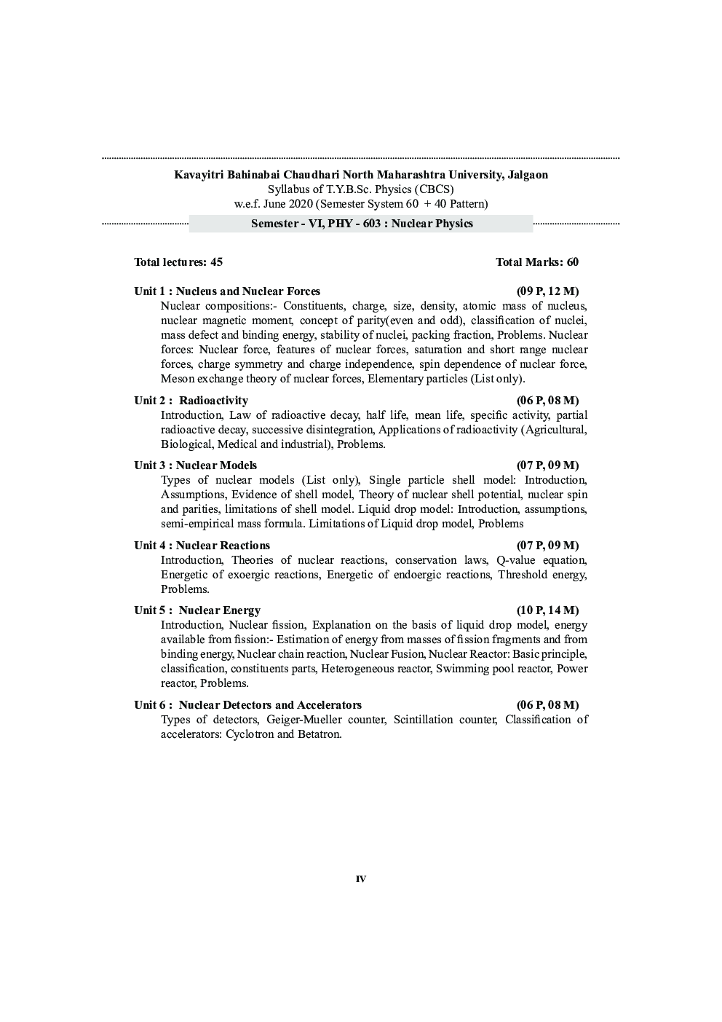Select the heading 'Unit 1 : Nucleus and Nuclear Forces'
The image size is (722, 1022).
coord(227,291)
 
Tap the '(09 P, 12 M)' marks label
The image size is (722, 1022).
coord(547,291)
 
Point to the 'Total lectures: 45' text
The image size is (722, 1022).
coord(178,262)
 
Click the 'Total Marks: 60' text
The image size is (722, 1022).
coord(537,262)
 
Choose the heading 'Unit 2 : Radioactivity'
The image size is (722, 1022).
coord(191,401)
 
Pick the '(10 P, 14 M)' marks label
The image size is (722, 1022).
coord(547,610)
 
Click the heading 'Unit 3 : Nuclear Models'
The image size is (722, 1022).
coord(195,465)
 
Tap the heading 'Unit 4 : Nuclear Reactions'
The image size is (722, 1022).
coord(202,546)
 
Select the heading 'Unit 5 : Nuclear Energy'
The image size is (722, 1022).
coord(197,610)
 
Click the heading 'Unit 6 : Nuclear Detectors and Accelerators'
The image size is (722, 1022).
coord(247,705)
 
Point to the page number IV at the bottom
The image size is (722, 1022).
coord(361,879)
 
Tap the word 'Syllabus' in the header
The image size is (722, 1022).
coord(288,189)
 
